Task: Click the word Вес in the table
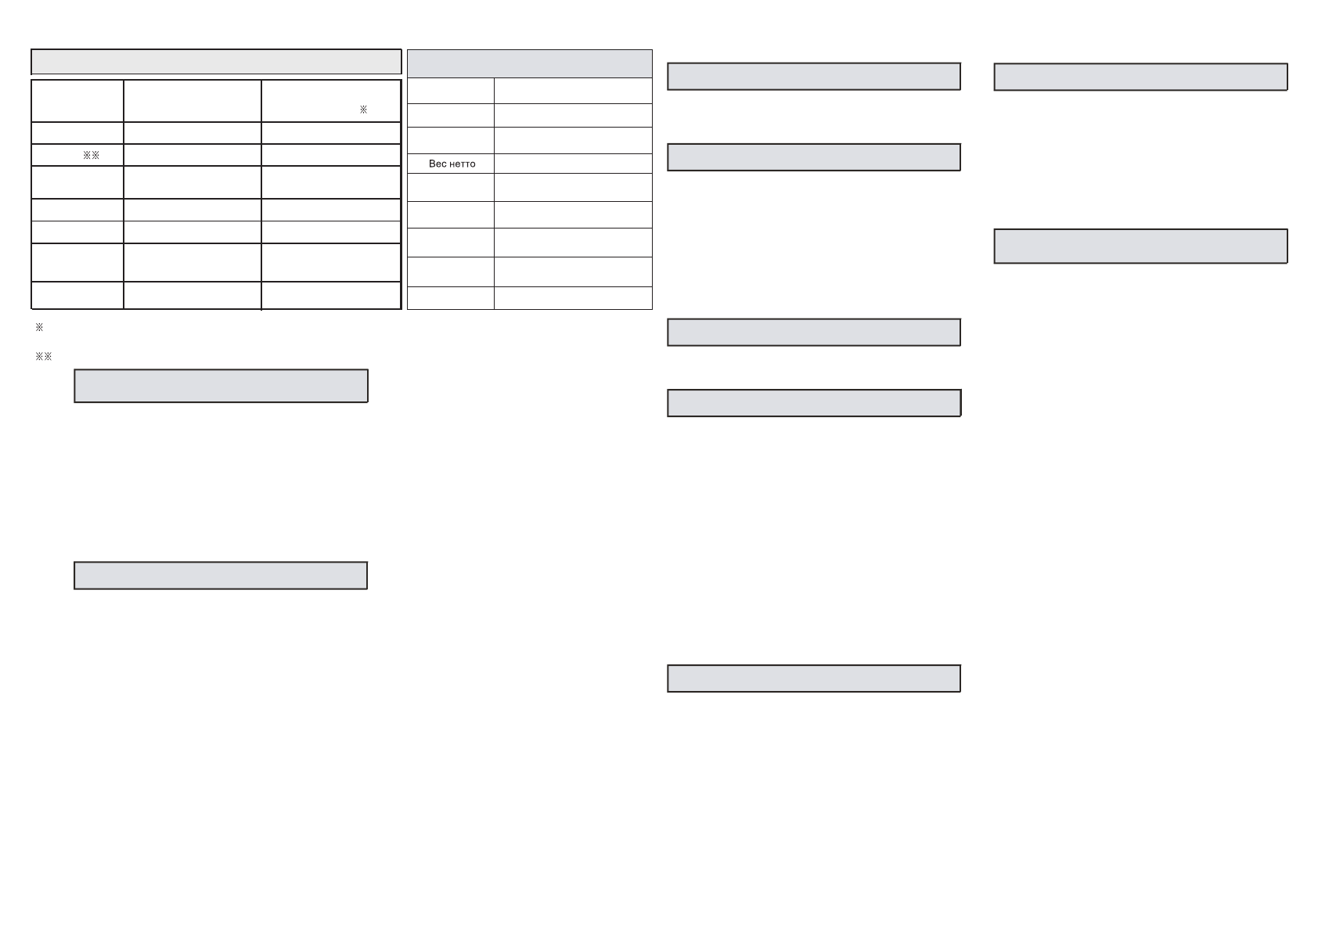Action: [438, 164]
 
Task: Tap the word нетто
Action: [462, 164]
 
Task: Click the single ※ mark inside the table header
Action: [363, 110]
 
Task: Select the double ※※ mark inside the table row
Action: [92, 155]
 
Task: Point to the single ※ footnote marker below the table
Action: [39, 327]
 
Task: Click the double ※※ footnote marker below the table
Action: [44, 357]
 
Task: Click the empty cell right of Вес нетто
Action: [573, 164]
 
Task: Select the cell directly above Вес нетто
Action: [451, 141]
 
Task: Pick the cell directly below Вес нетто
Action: [451, 188]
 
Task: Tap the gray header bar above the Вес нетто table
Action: [530, 63]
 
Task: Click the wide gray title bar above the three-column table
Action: [216, 62]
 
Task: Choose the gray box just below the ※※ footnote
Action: [221, 386]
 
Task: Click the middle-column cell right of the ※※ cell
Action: [192, 155]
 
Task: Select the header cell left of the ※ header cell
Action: [192, 100]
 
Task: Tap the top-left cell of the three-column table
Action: [77, 100]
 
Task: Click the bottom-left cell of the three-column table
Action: [77, 296]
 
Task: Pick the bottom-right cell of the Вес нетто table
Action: [573, 298]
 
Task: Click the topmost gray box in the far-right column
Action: [1140, 77]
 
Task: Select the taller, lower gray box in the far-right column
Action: [1140, 246]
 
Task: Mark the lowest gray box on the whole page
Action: [814, 678]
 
